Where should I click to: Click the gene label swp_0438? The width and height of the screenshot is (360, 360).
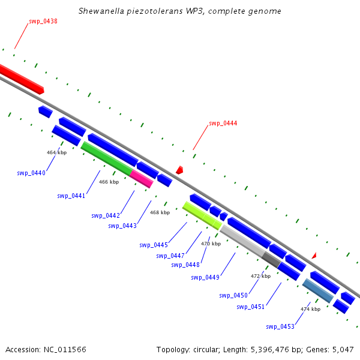[x=43, y=22]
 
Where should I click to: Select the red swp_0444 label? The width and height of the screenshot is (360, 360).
[x=223, y=124]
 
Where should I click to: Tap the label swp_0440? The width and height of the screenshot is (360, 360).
[x=31, y=173]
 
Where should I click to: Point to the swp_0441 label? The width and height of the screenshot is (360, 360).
[x=71, y=196]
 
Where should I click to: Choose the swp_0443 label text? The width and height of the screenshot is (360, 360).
[x=122, y=226]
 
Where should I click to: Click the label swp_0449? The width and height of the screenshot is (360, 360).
[x=205, y=277]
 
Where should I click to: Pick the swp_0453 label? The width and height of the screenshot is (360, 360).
[x=280, y=326]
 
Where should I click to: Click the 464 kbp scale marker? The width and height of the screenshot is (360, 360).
[x=57, y=152]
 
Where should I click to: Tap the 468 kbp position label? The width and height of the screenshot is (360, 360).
[x=160, y=212]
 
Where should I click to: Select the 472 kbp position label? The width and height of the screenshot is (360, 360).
[x=260, y=276]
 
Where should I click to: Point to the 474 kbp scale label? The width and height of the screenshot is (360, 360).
[x=311, y=309]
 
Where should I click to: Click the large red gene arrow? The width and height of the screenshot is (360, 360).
[x=21, y=79]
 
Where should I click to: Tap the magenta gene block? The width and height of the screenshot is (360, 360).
[x=142, y=179]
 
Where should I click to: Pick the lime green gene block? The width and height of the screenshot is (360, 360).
[x=202, y=215]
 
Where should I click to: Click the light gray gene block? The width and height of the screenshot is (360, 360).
[x=242, y=242]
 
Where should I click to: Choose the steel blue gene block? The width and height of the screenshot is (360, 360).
[x=318, y=290]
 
